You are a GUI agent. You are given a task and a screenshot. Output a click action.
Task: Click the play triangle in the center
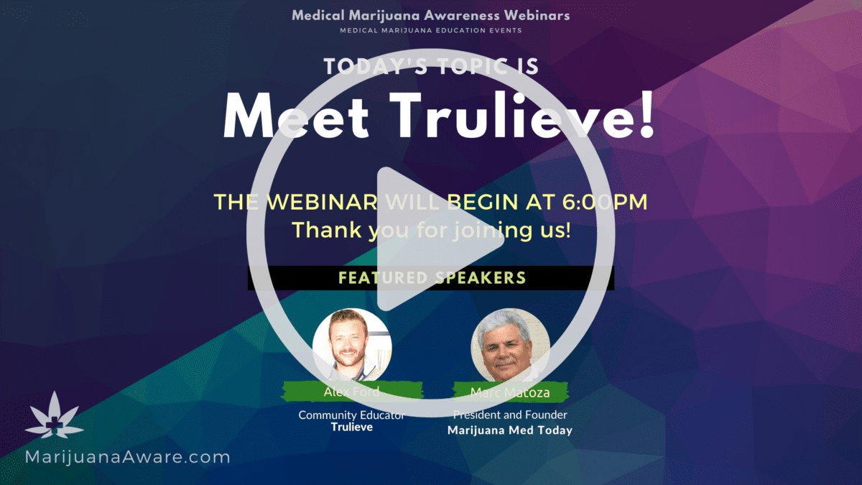431,239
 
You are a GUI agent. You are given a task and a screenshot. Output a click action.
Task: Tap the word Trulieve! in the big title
522,115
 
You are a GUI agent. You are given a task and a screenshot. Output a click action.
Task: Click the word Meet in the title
296,116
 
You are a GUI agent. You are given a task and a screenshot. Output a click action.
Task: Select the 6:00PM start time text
605,202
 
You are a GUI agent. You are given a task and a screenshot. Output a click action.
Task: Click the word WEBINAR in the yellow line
322,202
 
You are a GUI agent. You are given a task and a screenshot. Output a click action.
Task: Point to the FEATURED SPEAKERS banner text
432,277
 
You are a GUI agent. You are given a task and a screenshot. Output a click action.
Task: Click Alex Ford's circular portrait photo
352,346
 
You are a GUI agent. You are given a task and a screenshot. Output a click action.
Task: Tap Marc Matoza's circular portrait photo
510,346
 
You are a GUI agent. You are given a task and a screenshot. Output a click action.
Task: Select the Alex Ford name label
352,392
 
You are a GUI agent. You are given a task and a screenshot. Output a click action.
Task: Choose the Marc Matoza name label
510,392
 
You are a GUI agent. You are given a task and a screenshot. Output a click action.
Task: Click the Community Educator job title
351,415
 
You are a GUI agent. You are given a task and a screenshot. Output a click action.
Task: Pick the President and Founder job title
510,415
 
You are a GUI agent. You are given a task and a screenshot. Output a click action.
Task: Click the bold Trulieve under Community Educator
352,427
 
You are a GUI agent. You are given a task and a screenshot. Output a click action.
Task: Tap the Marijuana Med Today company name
510,430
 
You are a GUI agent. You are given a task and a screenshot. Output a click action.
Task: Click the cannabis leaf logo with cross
55,415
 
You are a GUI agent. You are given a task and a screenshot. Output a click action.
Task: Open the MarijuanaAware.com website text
127,457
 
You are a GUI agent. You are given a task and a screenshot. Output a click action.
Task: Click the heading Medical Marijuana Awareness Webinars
430,15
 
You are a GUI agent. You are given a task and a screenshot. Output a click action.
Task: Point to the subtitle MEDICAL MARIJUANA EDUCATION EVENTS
430,30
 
